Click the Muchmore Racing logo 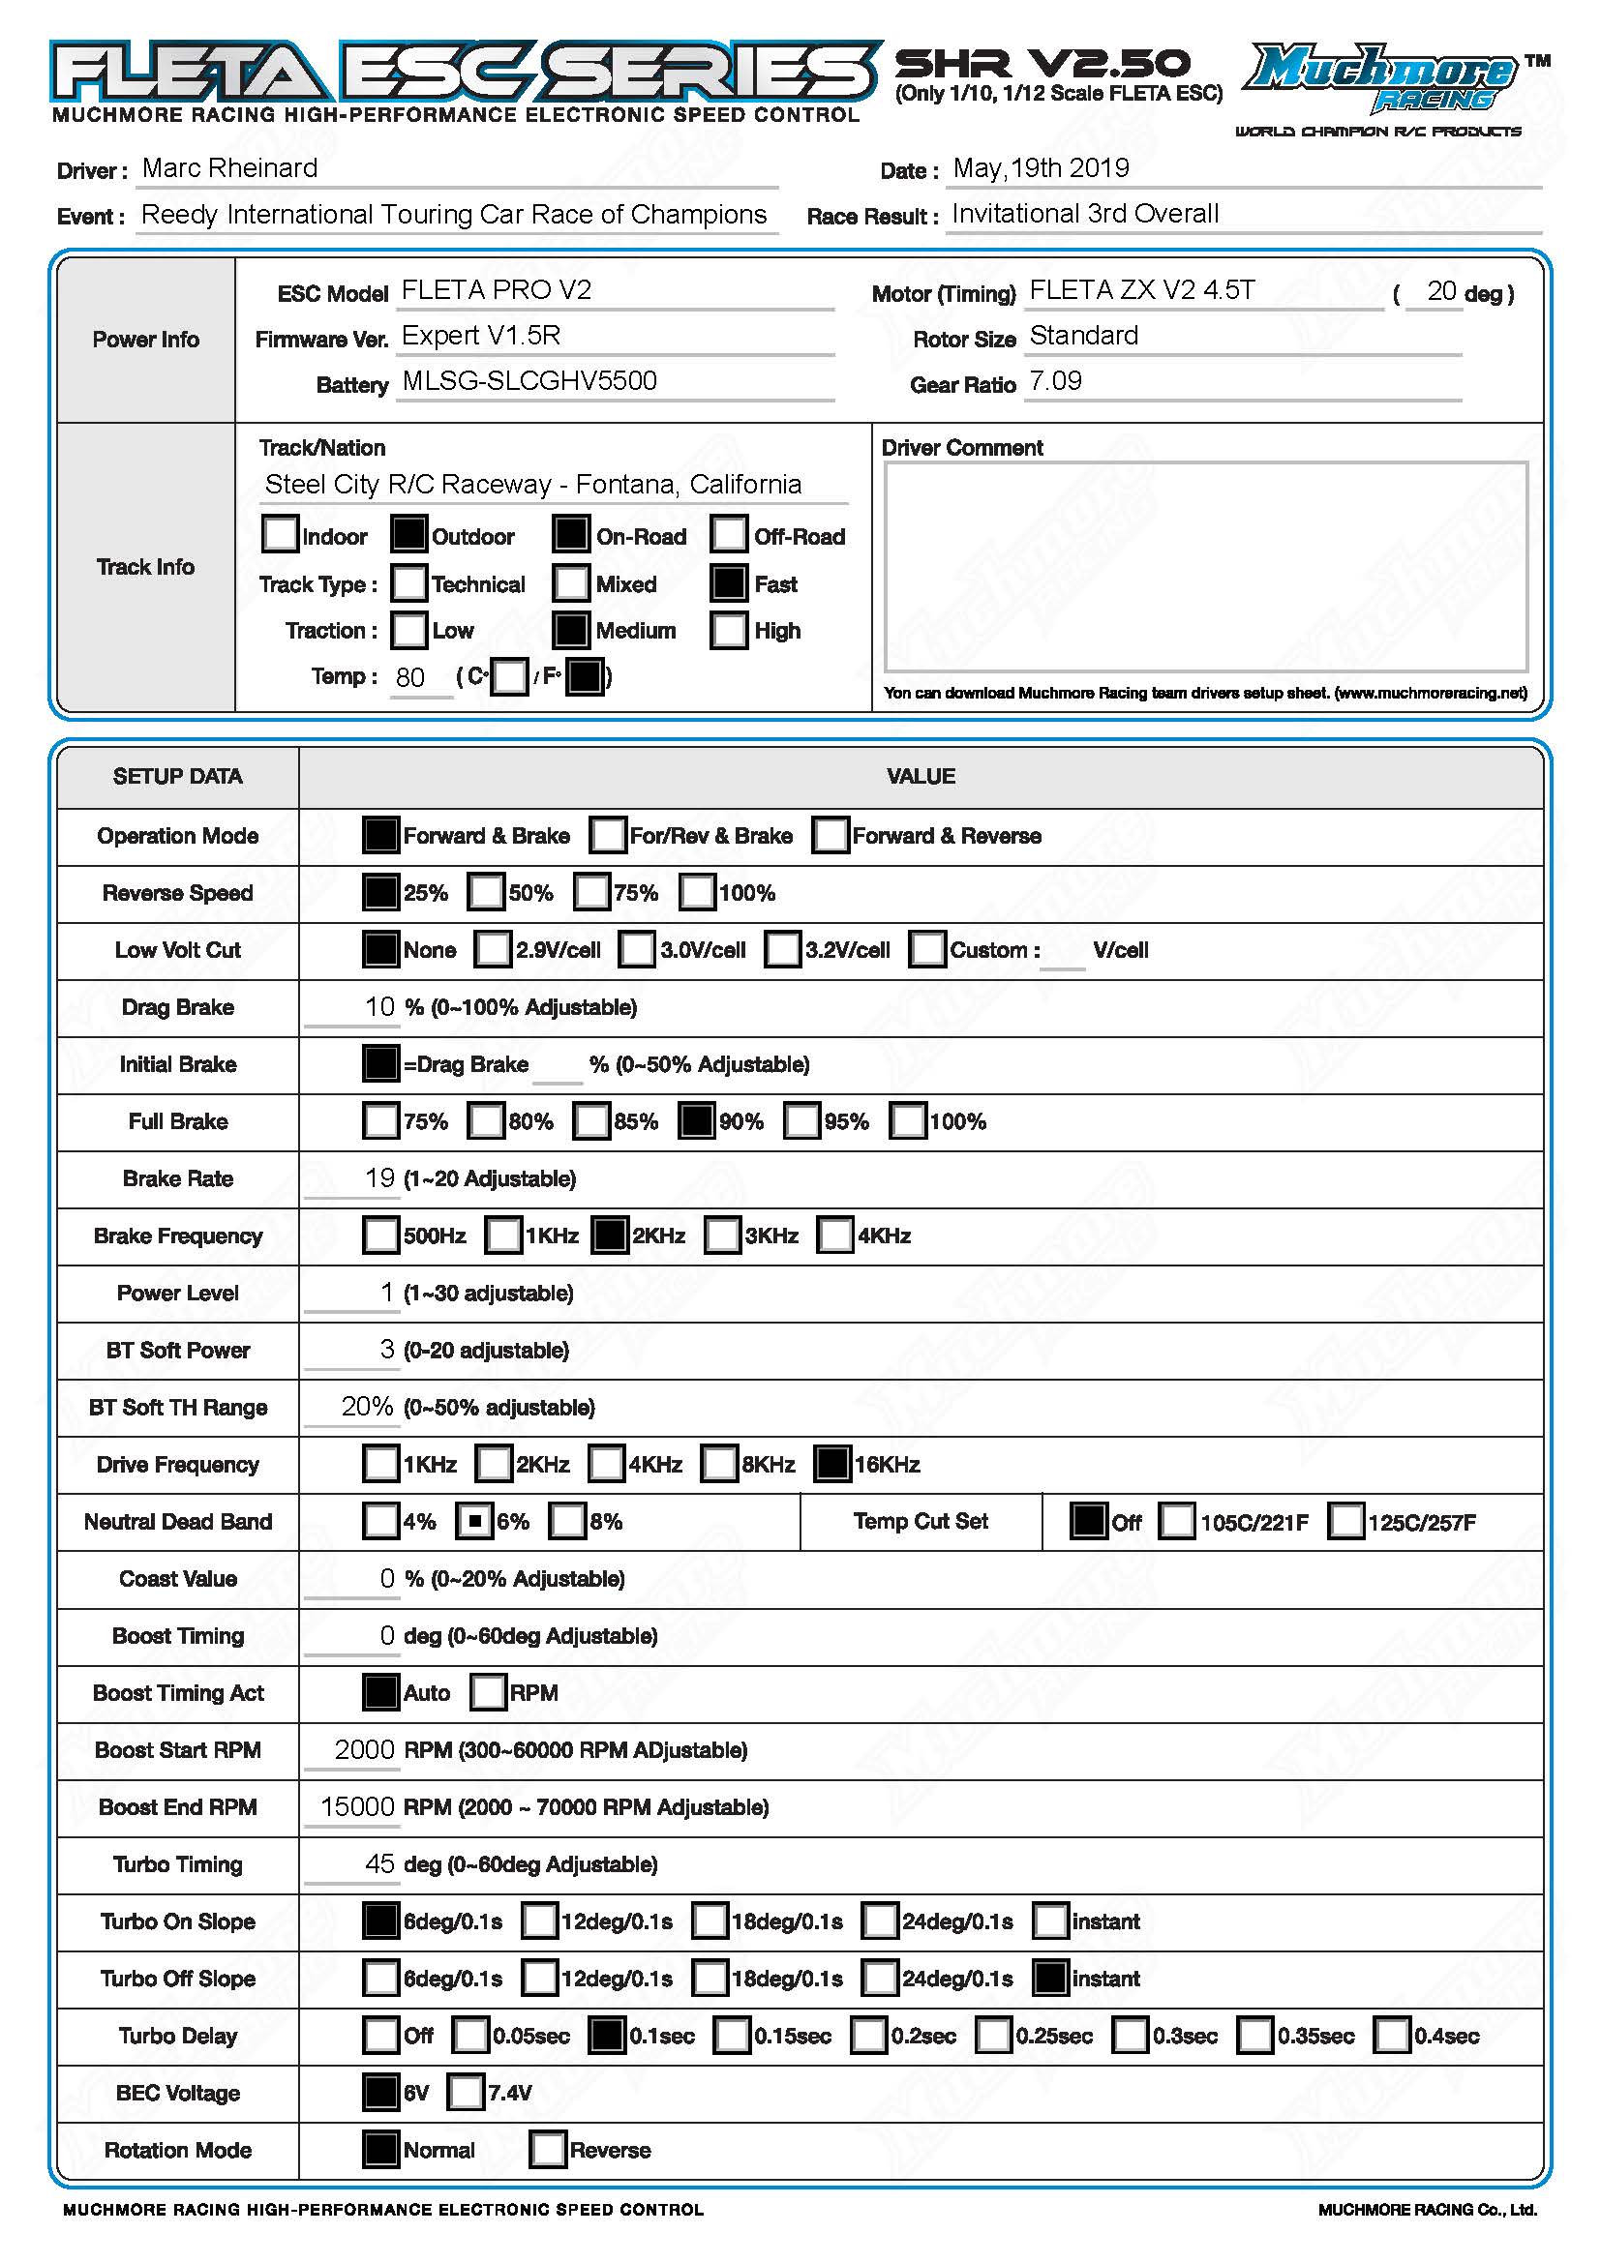1384,78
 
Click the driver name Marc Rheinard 229,168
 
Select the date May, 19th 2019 1040,168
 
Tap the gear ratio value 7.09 1055,381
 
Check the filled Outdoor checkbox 409,534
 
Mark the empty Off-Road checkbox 729,534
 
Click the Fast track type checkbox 729,582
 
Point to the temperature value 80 410,677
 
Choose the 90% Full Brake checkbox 696,1120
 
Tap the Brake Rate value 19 379,1177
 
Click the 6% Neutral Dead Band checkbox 474,1521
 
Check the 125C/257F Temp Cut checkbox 1345,1521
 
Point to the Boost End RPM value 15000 357,1806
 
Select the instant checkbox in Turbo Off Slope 1050,1979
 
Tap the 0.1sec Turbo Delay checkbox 606,2036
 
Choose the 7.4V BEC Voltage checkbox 467,2093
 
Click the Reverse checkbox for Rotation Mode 547,2150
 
